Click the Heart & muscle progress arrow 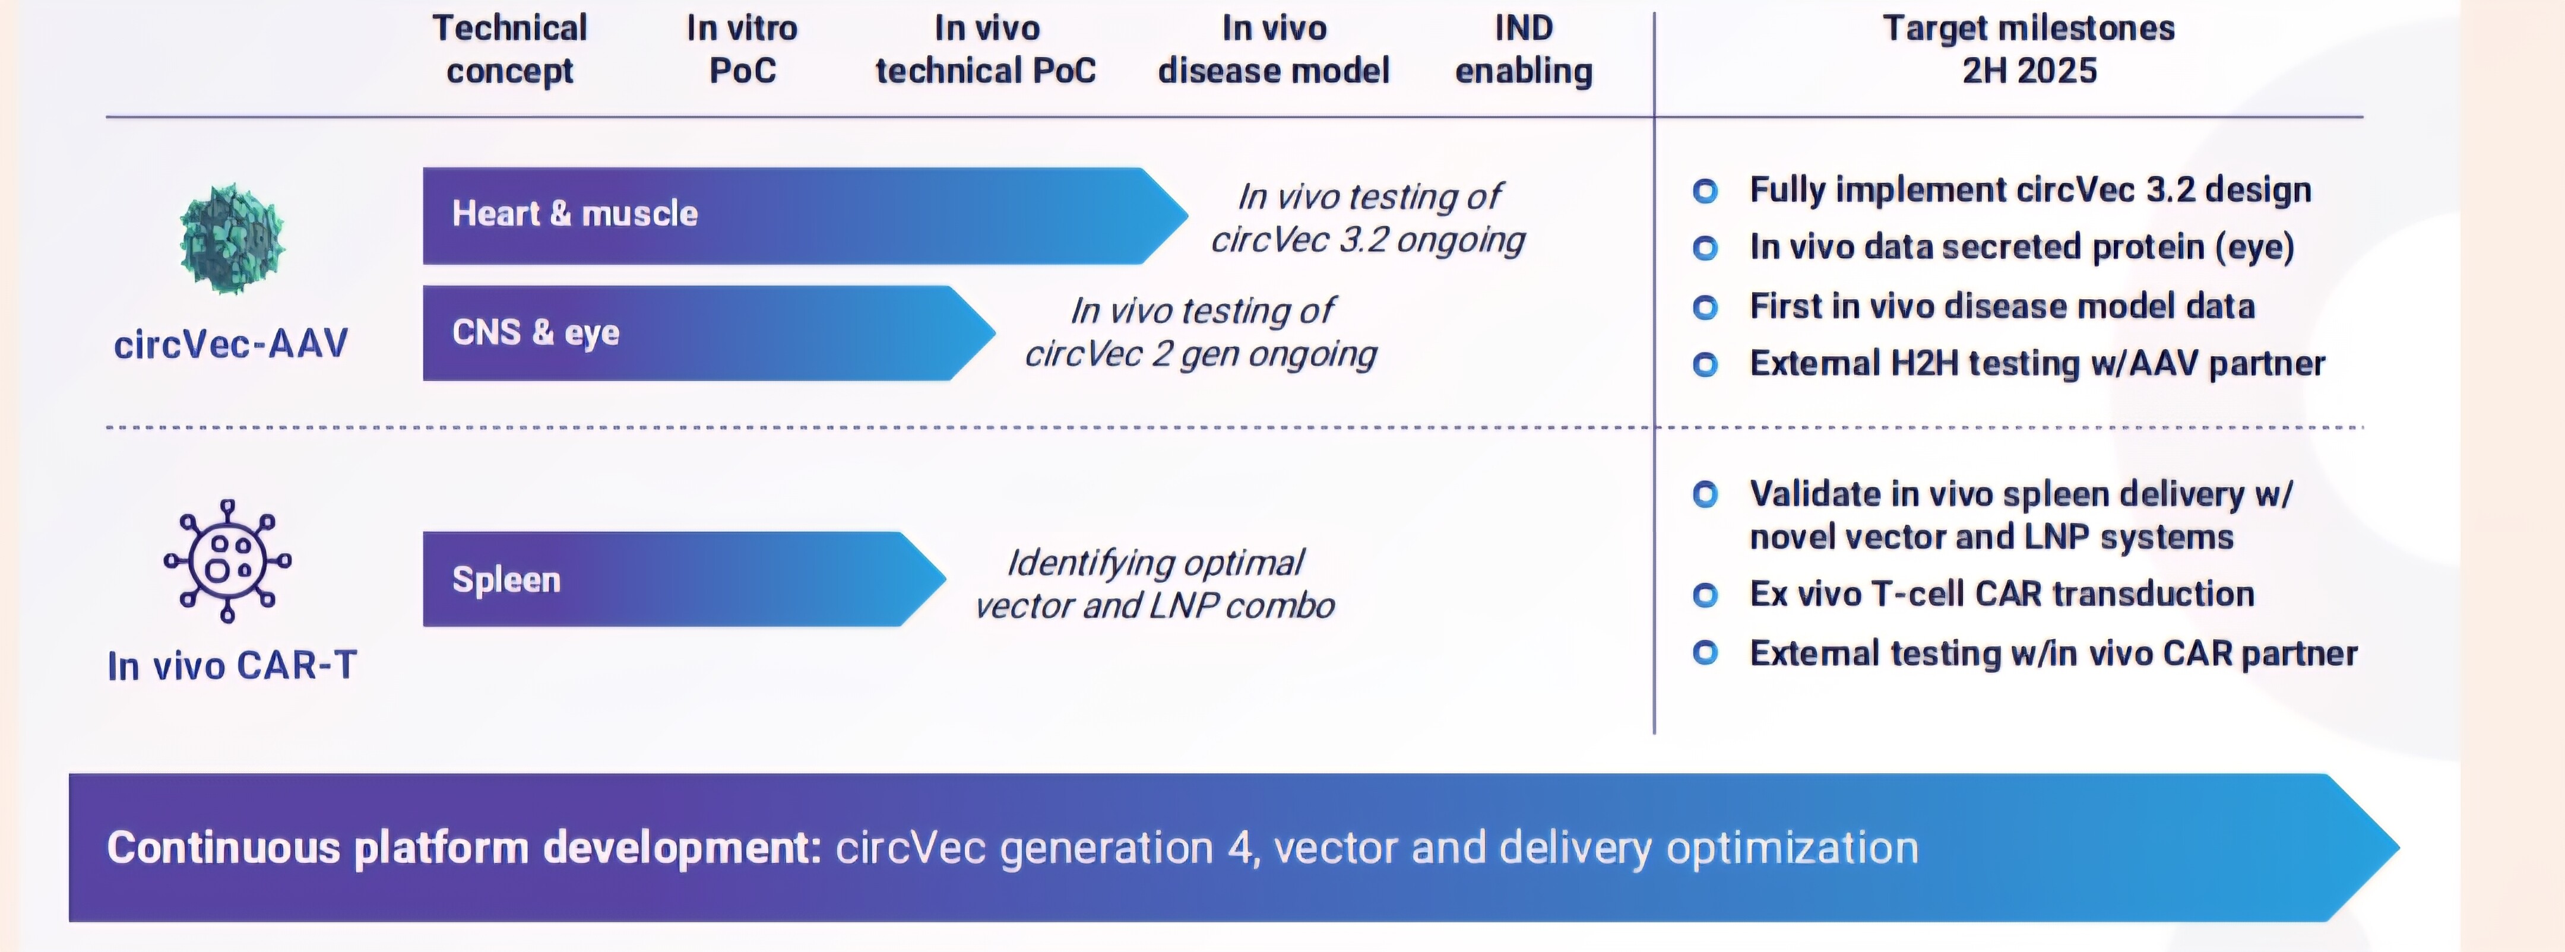[x=797, y=215]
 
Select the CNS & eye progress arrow [x=697, y=332]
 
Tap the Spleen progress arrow [x=677, y=579]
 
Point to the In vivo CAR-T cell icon [x=228, y=561]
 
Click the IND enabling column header [x=1524, y=50]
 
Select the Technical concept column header [x=510, y=50]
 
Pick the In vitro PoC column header [x=742, y=50]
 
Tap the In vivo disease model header [x=1274, y=50]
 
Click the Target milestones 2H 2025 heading [x=2028, y=50]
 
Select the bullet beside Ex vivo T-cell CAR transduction [x=1705, y=595]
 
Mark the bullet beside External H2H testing [x=1705, y=364]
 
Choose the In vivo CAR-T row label [x=232, y=665]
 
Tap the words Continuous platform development [x=464, y=848]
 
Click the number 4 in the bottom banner [x=1240, y=848]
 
